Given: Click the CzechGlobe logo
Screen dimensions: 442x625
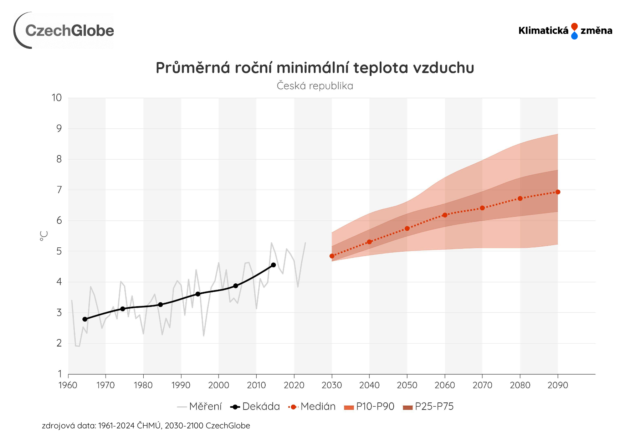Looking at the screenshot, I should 64,31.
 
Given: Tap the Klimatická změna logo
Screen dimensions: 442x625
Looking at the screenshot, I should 565,31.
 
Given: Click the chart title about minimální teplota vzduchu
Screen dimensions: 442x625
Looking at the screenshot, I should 315,68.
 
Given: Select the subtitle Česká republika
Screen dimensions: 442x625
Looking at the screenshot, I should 315,86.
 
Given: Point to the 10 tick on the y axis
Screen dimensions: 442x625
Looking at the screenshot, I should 57,98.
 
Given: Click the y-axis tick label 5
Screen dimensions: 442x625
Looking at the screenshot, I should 59,251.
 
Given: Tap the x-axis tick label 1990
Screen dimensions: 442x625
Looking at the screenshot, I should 181,385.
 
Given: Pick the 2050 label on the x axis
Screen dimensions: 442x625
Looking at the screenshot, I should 407,385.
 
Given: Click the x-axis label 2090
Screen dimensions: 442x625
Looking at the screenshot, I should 558,385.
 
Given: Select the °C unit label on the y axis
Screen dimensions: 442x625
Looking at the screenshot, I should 43,236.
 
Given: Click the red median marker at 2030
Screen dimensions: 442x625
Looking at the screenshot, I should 332,256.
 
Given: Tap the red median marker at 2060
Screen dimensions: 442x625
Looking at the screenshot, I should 445,215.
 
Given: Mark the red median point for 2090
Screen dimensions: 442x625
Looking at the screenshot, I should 558,192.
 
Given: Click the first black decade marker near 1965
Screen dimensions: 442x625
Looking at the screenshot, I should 85,319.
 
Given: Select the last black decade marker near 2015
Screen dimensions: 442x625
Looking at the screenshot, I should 273,265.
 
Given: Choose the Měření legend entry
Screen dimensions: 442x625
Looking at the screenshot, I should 200,407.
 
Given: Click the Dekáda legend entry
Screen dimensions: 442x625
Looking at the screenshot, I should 255,407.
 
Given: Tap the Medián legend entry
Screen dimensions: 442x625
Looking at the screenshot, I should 312,407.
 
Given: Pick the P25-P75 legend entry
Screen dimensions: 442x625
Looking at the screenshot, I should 428,407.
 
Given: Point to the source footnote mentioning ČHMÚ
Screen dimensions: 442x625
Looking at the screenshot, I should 146,426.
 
